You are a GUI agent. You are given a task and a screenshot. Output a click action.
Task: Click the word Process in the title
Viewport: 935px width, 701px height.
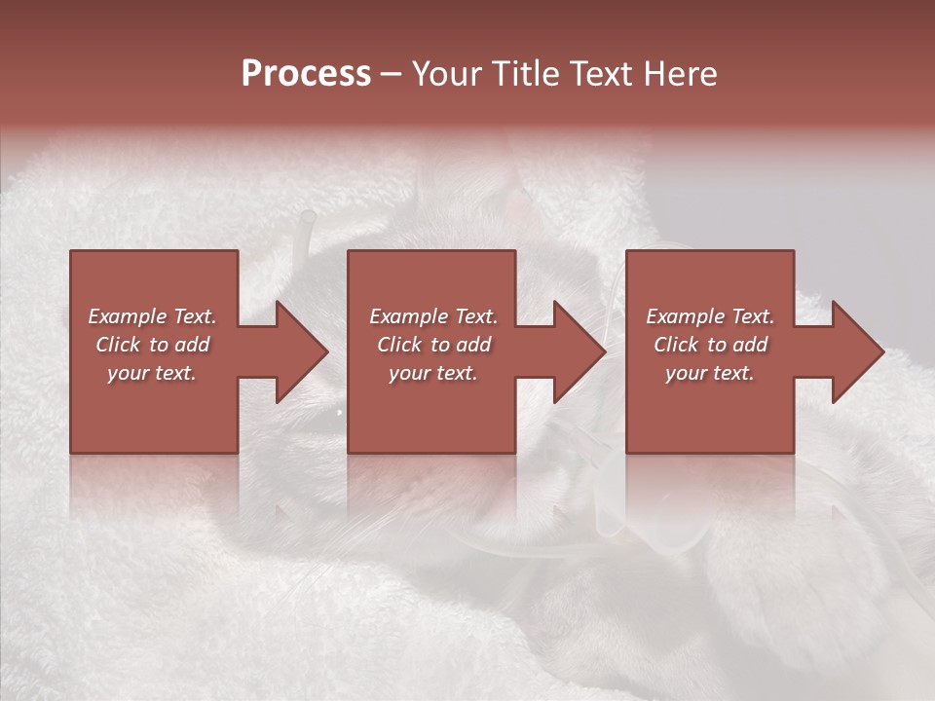pos(306,74)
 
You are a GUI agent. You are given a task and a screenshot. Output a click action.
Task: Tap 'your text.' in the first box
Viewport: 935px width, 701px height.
pos(152,373)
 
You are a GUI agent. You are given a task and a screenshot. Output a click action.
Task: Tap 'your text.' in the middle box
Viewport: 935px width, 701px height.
pos(433,373)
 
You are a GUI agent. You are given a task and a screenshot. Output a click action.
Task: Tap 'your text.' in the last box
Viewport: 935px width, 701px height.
pos(710,373)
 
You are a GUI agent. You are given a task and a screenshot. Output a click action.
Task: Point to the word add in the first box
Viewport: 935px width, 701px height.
pos(193,345)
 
